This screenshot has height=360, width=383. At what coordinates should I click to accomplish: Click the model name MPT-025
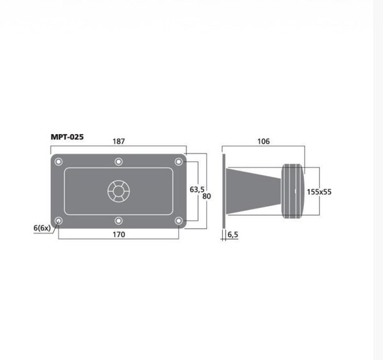[67, 137]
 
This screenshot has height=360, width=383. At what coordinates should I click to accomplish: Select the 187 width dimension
[119, 142]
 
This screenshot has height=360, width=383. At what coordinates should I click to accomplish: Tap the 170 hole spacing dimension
[119, 234]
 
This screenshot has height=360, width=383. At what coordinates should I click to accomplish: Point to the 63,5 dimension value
[197, 190]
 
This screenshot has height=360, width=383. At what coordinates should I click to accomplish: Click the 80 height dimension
[207, 196]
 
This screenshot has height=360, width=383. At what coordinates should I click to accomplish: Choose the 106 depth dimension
[264, 142]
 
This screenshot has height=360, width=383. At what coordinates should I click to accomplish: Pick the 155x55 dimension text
[319, 192]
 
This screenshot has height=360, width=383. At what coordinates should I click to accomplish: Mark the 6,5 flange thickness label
[232, 234]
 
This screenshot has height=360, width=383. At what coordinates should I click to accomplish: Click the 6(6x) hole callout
[42, 228]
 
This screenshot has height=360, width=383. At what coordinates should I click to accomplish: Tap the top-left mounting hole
[58, 161]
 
